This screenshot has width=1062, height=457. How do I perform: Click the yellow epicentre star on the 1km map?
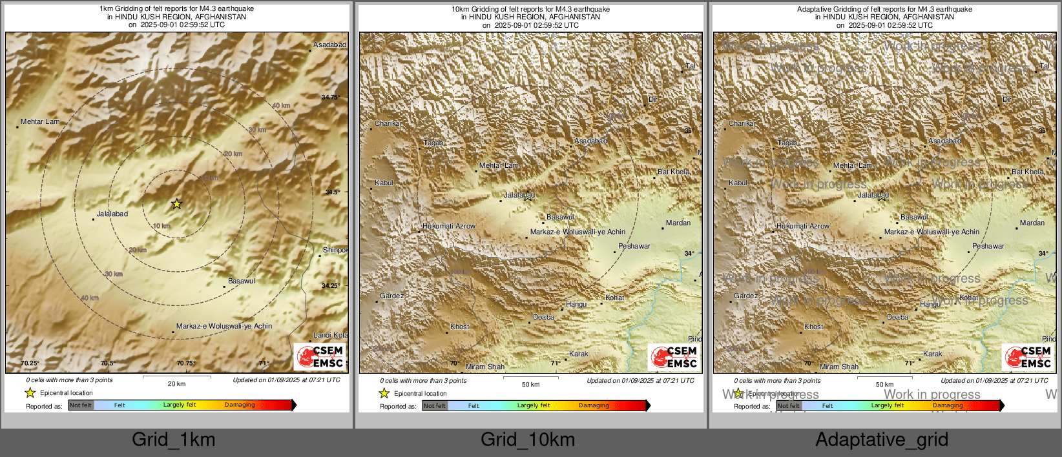(176, 204)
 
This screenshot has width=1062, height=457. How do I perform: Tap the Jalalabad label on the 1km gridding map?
(112, 214)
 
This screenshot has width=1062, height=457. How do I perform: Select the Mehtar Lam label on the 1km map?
(40, 121)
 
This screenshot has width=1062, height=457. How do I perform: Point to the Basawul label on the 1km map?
(242, 281)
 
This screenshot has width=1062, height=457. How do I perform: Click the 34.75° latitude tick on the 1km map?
(330, 97)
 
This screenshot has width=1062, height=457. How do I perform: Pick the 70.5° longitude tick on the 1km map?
(107, 363)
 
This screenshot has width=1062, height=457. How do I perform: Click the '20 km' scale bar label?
(176, 383)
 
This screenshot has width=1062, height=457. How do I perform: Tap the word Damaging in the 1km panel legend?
(240, 405)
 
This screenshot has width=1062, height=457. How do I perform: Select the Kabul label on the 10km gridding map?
(384, 183)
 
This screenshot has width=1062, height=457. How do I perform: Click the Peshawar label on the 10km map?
(634, 246)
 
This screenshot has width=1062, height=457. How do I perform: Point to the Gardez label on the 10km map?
(391, 296)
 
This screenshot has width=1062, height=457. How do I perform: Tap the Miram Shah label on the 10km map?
(485, 367)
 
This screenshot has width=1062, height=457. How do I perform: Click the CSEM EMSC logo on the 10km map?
(674, 357)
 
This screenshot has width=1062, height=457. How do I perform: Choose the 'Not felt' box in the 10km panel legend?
(434, 405)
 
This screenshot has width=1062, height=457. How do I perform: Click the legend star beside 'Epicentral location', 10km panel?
(384, 393)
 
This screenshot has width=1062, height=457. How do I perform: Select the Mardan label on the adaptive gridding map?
(1032, 223)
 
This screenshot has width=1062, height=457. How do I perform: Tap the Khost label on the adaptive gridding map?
(813, 327)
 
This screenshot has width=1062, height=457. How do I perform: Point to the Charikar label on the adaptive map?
(742, 123)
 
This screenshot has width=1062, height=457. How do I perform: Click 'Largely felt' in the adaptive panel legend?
(887, 405)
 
